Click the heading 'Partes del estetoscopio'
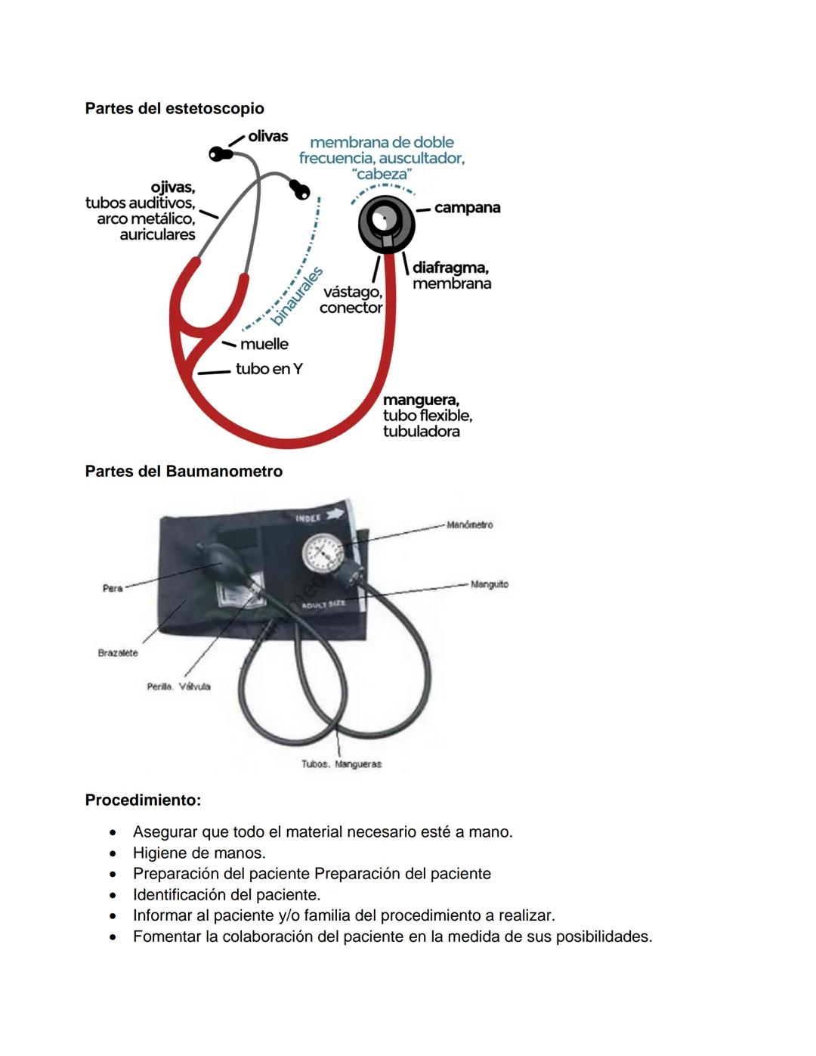175,108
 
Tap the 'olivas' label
267,137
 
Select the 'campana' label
467,208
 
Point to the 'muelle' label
264,344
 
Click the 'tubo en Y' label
269,369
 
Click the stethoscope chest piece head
386,222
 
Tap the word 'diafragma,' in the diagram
450,268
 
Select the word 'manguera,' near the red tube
421,400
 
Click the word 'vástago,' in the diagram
353,292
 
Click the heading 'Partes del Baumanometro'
184,472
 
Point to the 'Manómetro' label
469,525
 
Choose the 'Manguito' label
489,584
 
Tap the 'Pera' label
113,588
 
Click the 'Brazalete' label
118,653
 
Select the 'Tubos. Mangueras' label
342,764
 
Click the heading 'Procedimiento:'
143,800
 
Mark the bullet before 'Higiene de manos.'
113,853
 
